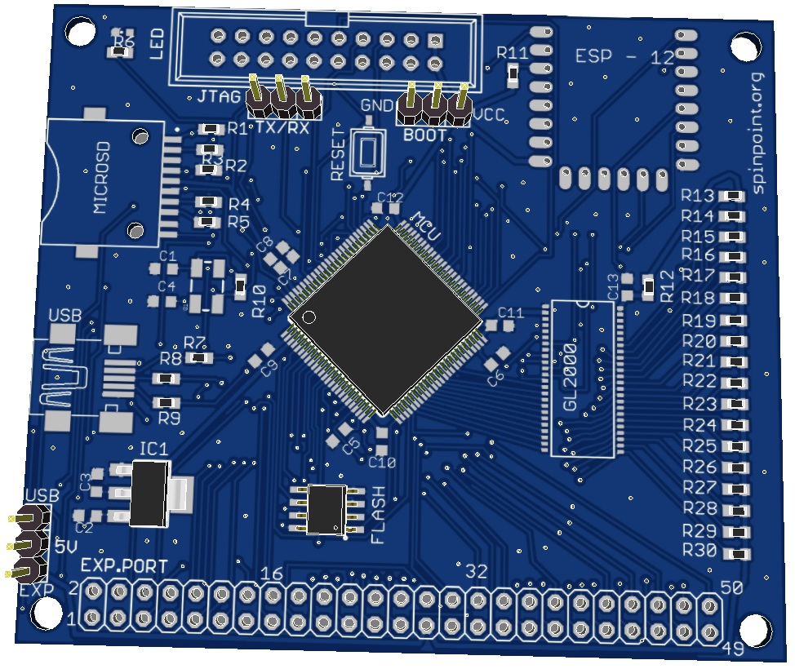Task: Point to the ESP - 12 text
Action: [624, 57]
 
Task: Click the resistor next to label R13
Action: [734, 196]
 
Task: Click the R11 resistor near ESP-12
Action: [513, 75]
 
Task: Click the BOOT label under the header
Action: [425, 135]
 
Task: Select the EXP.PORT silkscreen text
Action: [124, 565]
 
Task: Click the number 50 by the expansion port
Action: [731, 587]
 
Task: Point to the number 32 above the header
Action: [475, 572]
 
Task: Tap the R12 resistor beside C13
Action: [648, 286]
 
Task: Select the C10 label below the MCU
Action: [382, 463]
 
